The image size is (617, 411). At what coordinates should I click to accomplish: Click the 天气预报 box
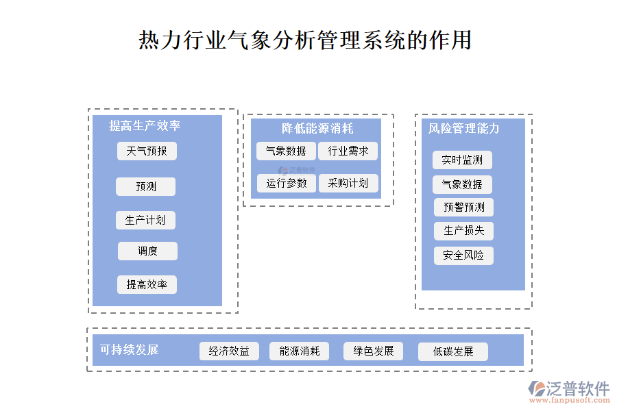coord(147,151)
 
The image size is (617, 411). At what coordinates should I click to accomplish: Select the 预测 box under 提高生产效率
coord(145,186)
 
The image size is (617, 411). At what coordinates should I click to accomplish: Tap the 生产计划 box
coord(145,220)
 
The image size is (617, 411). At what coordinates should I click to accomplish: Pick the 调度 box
coord(147,251)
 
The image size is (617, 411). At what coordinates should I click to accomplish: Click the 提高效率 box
coord(147,284)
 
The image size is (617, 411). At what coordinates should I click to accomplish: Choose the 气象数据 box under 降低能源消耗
coord(286,151)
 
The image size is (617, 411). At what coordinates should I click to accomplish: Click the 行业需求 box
coord(348,151)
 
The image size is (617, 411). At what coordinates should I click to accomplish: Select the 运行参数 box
coord(287,183)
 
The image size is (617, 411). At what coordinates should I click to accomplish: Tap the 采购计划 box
coord(348,183)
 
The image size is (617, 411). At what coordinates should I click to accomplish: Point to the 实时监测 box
coord(462,160)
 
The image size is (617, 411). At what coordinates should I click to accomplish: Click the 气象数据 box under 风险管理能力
coord(462,184)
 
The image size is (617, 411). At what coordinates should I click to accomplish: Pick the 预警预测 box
coord(463,207)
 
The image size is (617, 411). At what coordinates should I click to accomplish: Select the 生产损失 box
coord(463,231)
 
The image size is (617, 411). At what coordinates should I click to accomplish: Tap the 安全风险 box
coord(463,256)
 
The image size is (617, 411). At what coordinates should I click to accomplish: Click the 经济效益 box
coord(229,351)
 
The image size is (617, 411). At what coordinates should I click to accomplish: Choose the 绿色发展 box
coord(374,351)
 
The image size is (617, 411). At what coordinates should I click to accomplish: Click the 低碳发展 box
coord(453,351)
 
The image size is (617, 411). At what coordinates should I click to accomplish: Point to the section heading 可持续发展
coord(129,349)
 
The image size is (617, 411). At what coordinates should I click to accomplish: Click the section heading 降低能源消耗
coord(317,128)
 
